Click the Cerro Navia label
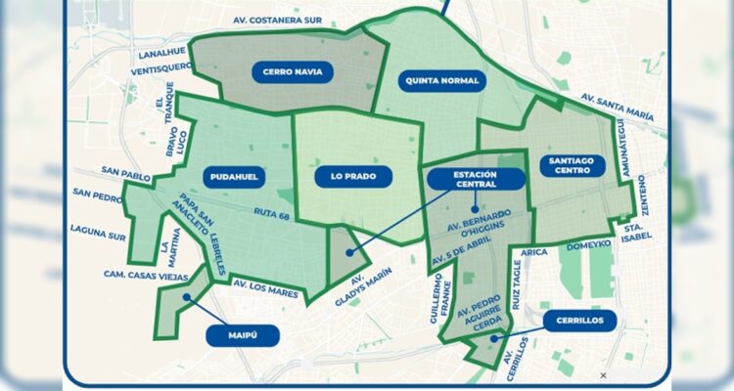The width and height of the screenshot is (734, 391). tap(293, 71)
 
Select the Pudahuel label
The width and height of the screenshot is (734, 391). tap(234, 176)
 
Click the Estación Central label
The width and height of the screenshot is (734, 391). tap(477, 178)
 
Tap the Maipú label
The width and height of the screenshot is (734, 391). tap(243, 334)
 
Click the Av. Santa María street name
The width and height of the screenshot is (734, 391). tap(616, 100)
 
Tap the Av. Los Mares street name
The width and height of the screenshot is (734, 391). tap(265, 284)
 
